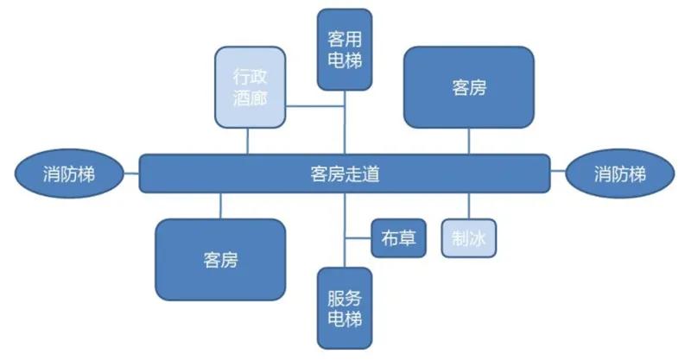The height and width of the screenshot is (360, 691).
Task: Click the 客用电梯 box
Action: pyautogui.click(x=345, y=49)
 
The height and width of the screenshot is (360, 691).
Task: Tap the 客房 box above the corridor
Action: pyautogui.click(x=468, y=86)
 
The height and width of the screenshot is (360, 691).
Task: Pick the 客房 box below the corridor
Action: pyautogui.click(x=220, y=259)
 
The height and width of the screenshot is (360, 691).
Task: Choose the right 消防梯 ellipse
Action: pyautogui.click(x=619, y=174)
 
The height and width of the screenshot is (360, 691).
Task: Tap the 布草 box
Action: pyautogui.click(x=399, y=237)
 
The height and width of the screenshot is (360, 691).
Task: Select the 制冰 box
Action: pyautogui.click(x=470, y=237)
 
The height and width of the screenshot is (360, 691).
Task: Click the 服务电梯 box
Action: pyautogui.click(x=345, y=309)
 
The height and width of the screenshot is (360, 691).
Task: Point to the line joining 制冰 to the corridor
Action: pyautogui.click(x=469, y=205)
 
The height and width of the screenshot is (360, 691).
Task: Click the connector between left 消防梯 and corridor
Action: pyautogui.click(x=130, y=174)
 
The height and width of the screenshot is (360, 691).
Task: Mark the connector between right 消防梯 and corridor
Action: pyautogui.click(x=557, y=174)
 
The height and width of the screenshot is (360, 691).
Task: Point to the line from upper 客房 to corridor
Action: pyautogui.click(x=468, y=141)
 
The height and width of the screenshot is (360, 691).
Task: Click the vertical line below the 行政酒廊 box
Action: pyautogui.click(x=249, y=140)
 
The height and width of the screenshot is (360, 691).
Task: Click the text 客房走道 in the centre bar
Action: pyautogui.click(x=345, y=174)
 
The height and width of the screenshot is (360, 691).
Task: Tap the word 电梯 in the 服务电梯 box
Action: pyautogui.click(x=345, y=320)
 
